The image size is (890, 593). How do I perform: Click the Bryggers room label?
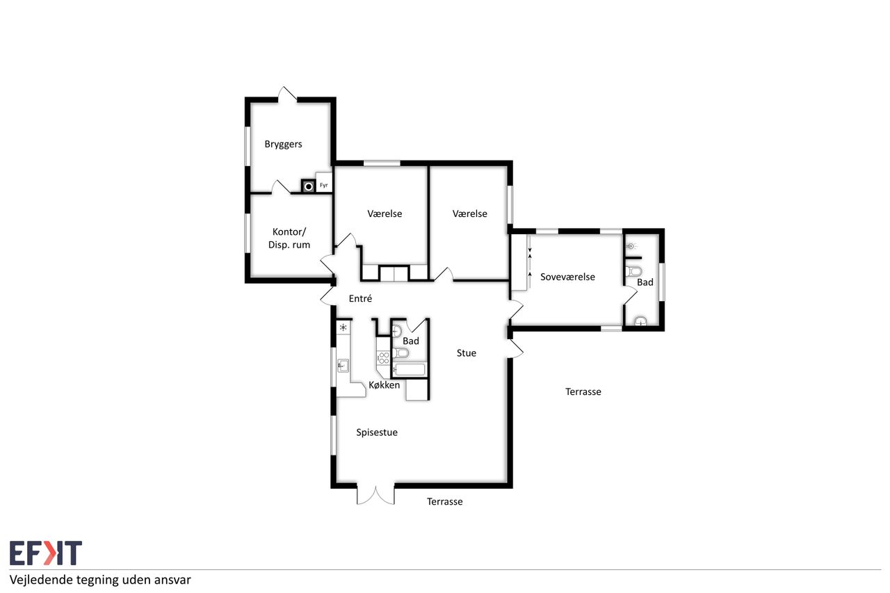[283, 144]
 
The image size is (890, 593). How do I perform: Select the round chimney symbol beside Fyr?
[308, 186]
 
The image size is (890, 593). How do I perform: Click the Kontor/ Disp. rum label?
[289, 238]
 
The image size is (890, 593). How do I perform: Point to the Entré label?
[360, 298]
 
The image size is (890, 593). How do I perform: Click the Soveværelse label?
[567, 277]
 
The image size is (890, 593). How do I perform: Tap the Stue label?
[467, 353]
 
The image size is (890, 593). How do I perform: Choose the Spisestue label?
[377, 432]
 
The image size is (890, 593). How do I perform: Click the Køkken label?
[385, 385]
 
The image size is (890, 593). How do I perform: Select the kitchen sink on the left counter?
[343, 366]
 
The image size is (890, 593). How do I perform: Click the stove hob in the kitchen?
[383, 357]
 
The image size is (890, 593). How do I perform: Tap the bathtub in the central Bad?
[410, 370]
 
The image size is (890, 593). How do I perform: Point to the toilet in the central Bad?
[400, 352]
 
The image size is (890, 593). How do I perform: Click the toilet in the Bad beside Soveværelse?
[633, 272]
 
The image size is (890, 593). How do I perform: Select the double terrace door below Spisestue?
[375, 494]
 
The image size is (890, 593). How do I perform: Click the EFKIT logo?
[46, 553]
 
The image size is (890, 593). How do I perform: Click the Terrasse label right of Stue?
[583, 392]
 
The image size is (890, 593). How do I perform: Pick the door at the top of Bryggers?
[287, 95]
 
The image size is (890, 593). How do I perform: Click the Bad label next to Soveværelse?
[645, 282]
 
